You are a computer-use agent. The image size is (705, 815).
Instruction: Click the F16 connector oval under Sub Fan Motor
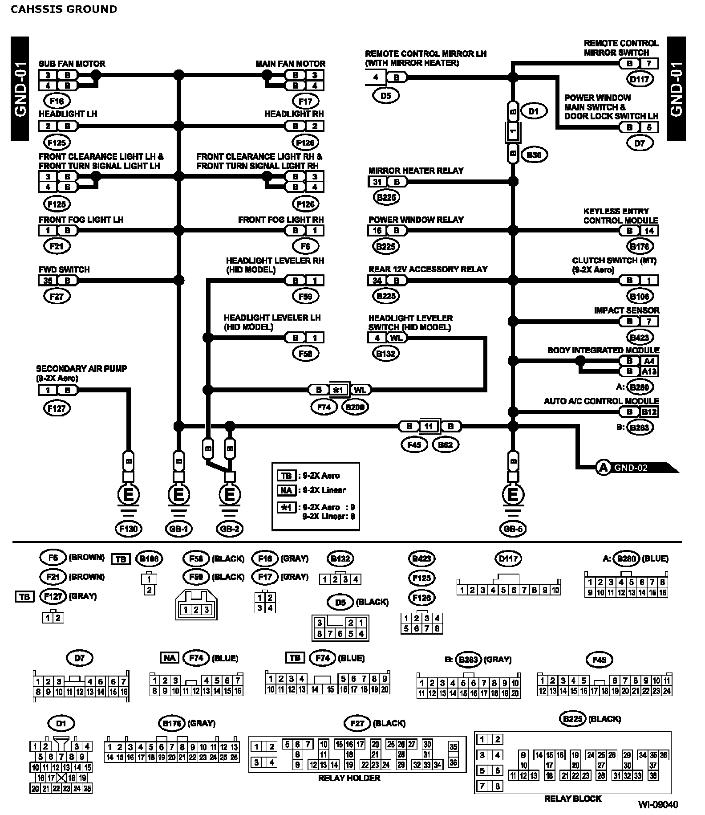click(x=57, y=101)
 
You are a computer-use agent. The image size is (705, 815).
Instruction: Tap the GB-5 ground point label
click(x=513, y=529)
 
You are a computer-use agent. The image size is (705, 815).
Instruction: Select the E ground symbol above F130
click(x=128, y=494)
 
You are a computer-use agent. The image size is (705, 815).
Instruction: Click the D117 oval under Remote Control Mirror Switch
click(x=640, y=80)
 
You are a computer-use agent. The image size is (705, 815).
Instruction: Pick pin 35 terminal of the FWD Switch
click(x=48, y=281)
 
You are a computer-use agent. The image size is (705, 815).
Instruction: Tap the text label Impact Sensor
click(x=626, y=310)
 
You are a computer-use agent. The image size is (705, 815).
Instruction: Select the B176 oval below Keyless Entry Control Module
click(x=640, y=246)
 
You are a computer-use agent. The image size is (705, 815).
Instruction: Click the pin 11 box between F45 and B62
click(x=428, y=427)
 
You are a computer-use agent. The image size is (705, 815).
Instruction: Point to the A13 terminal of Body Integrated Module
click(x=649, y=371)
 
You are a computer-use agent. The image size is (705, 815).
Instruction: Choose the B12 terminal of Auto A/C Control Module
click(x=649, y=412)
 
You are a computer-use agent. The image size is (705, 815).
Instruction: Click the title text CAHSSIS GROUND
click(x=64, y=9)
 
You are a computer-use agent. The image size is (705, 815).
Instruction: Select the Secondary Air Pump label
click(x=81, y=369)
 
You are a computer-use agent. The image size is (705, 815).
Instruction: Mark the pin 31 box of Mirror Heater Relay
click(x=377, y=182)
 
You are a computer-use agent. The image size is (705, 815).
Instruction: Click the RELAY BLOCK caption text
click(x=572, y=799)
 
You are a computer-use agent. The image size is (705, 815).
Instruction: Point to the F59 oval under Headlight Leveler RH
click(x=306, y=296)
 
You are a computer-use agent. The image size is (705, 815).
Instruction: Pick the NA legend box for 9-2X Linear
click(x=286, y=490)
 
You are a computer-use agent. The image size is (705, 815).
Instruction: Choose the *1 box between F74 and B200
click(x=339, y=390)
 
